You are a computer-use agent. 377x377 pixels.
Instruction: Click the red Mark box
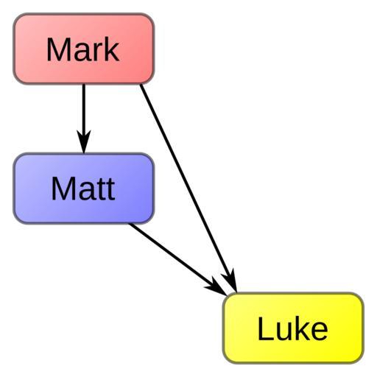click(84, 49)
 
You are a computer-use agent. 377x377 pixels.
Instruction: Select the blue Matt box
click(84, 188)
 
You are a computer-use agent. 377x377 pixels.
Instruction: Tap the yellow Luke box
click(293, 328)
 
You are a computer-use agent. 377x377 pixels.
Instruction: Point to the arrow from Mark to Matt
click(84, 119)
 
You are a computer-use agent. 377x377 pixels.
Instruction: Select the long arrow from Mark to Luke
click(188, 188)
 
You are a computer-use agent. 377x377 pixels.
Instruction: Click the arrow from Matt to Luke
click(178, 259)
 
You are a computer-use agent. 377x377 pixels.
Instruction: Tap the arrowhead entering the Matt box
click(84, 141)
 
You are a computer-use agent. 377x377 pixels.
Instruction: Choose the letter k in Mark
click(112, 49)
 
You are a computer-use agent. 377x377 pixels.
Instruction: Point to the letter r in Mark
click(98, 52)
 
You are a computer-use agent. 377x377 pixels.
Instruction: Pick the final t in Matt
click(110, 190)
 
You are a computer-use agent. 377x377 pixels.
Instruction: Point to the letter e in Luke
click(319, 331)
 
